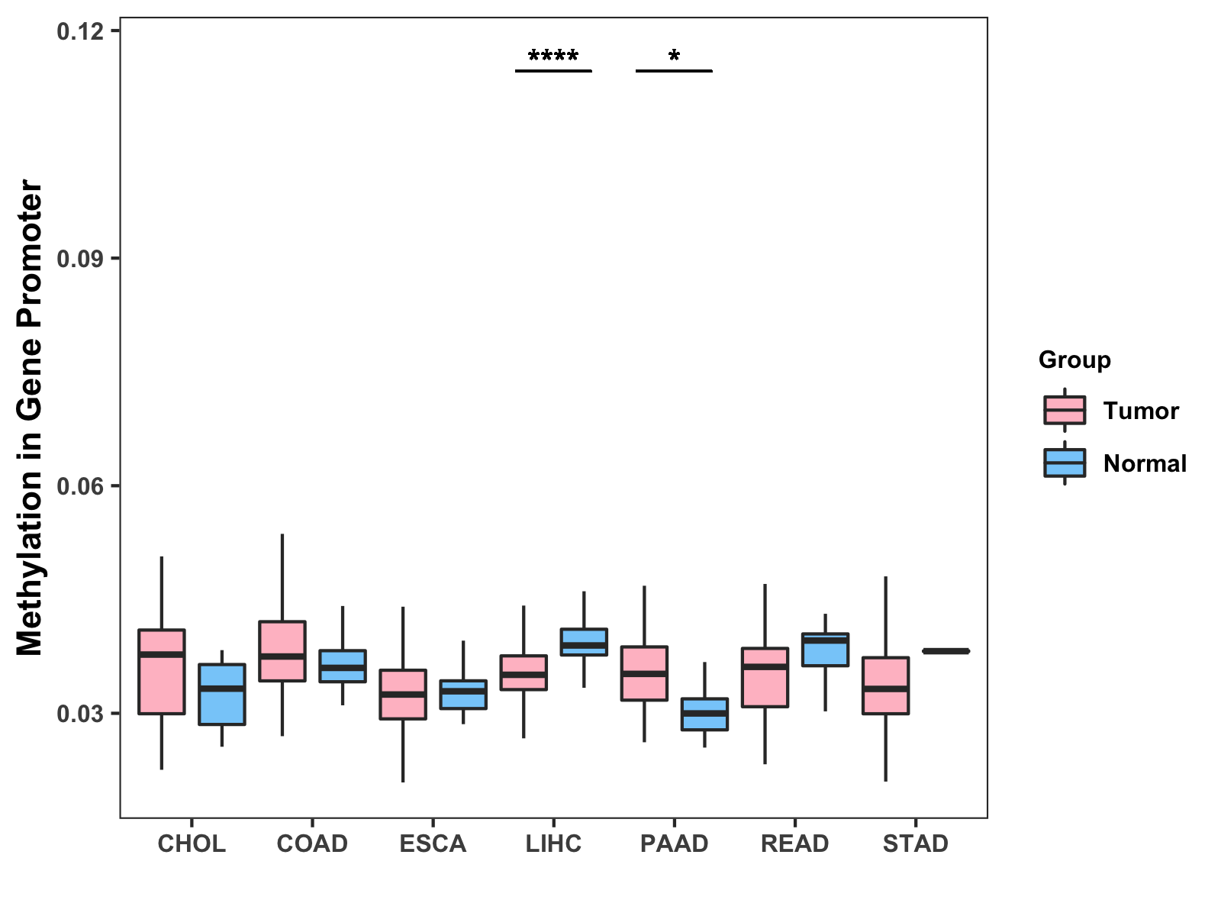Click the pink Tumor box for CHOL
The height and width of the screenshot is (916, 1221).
click(161, 672)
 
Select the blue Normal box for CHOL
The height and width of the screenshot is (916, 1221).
click(222, 694)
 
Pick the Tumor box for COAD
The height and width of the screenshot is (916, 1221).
click(282, 651)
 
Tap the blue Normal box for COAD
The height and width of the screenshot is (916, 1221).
click(343, 666)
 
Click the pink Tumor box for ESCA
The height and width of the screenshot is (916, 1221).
click(403, 694)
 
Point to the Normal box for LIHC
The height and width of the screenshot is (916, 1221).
click(584, 642)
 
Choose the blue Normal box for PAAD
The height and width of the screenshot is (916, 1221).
click(704, 714)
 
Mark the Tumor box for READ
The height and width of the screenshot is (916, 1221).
click(765, 677)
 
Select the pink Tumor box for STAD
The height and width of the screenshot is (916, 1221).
click(885, 685)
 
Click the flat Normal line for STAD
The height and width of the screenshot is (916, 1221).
click(946, 651)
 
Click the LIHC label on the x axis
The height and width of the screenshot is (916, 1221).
click(553, 843)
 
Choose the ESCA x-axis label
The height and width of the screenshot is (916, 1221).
click(433, 843)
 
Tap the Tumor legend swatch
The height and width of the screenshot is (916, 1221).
click(1065, 410)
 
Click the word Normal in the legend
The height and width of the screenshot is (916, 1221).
click(1145, 463)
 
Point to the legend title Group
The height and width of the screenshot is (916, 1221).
click(1074, 360)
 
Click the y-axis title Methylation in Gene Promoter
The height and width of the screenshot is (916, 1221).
click(30, 418)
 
